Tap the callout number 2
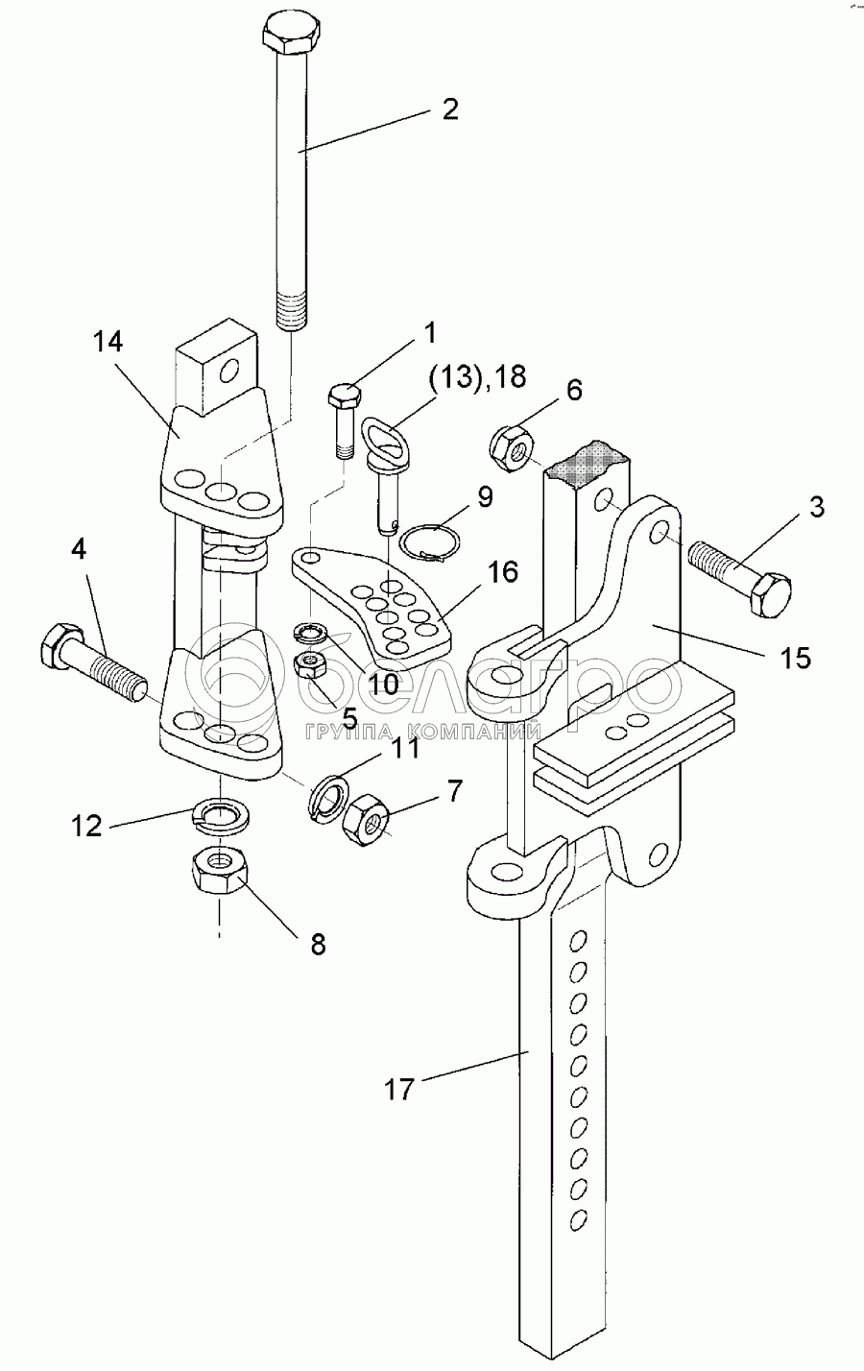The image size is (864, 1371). pos(449,108)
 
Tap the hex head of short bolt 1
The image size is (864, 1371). pos(344,395)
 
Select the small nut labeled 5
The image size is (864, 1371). pos(313,665)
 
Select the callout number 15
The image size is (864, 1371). pos(796,658)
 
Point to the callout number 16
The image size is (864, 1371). pos(501,572)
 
